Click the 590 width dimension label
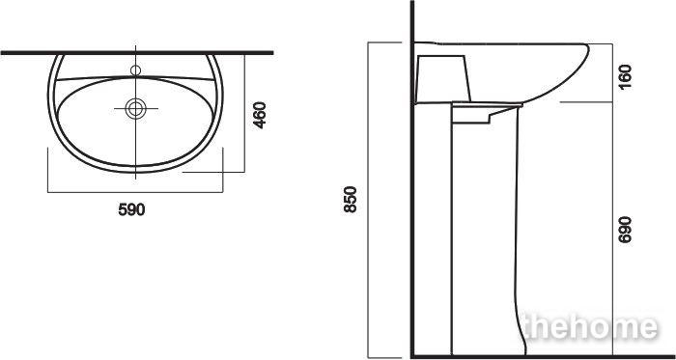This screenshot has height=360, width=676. pos(131,209)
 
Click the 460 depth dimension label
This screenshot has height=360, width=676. pos(260,115)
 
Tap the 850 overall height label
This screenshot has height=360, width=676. pos(351,199)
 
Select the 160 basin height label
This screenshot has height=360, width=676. pos(625,76)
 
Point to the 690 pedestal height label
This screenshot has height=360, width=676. pos(625,230)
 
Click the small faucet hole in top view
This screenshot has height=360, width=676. pos(136,70)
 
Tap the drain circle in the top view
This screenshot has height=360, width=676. pos(136,108)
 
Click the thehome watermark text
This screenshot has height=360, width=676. pos(589,328)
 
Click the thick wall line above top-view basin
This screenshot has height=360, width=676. pos(137,53)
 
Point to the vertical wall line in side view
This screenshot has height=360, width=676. pos(412,180)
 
